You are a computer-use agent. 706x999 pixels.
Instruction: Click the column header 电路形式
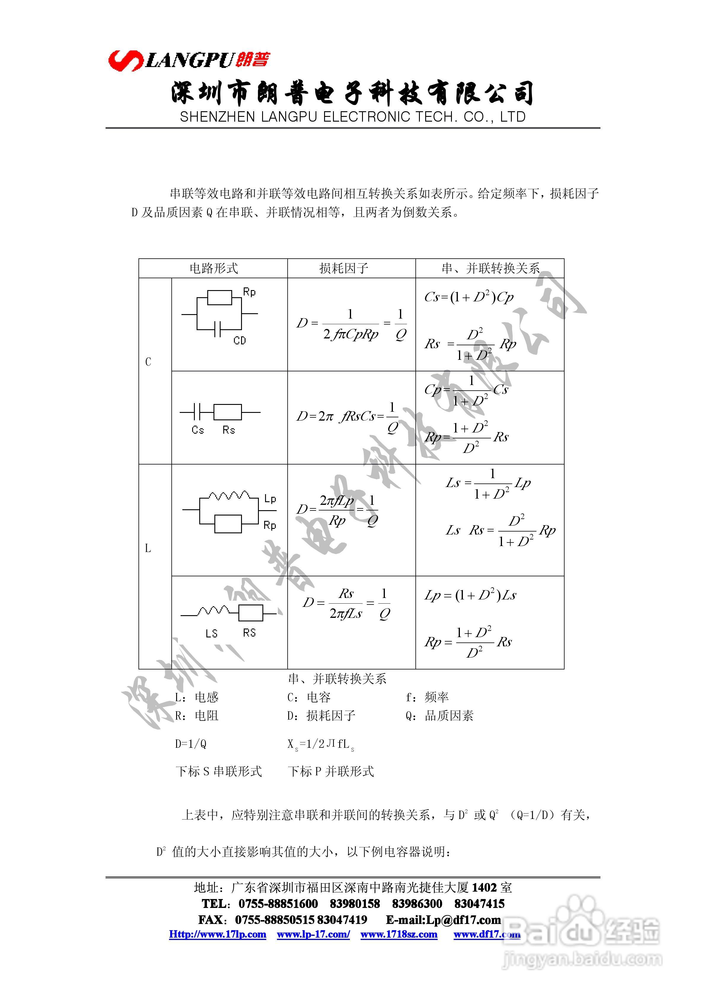pos(213,268)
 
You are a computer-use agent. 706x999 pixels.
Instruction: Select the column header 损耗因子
pos(344,268)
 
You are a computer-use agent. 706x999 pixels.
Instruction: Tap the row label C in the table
pos(148,362)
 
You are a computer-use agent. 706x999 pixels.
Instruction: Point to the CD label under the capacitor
pos(240,340)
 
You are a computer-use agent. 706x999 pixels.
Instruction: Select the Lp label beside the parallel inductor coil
pos(270,499)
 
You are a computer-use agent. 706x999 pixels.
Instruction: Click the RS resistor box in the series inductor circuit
pos(251,613)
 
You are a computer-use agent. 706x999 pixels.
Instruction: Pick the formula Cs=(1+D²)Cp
pos(468,298)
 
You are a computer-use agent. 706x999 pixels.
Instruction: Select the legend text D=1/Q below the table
pos(191,744)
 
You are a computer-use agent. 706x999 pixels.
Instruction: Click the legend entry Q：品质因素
pos(439,716)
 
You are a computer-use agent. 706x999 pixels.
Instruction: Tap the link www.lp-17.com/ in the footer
pos(313,934)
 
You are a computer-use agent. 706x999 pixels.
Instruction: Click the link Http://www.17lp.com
pos(218,934)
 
